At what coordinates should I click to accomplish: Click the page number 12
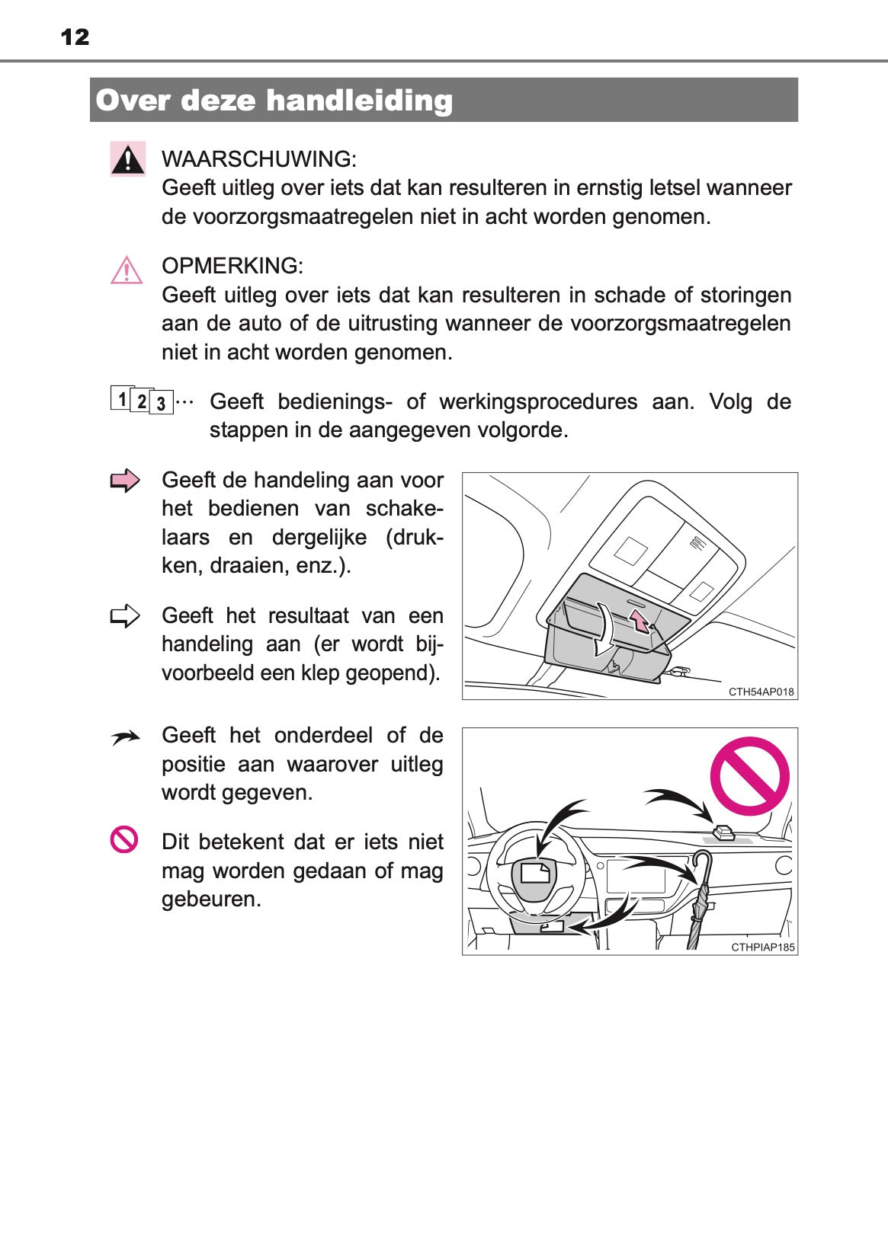pos(75,37)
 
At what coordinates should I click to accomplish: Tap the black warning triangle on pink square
pos(127,159)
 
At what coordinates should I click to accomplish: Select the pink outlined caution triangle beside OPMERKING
pos(127,270)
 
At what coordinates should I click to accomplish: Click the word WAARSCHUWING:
pos(258,159)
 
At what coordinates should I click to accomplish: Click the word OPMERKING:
pos(232,266)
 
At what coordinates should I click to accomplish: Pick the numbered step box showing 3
pos(161,404)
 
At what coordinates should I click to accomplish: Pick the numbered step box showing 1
pos(121,398)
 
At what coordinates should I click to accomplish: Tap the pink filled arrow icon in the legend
pos(125,481)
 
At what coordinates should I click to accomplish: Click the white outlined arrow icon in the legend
pos(125,615)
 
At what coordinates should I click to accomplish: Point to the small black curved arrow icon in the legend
pos(125,737)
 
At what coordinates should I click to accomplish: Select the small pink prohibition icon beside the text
pos(124,839)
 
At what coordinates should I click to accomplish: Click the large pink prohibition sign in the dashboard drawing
pos(749,775)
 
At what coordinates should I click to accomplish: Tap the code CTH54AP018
pos(761,692)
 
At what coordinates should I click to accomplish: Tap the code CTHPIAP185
pos(762,947)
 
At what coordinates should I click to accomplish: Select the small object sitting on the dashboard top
pos(722,832)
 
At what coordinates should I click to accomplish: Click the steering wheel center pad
pos(535,874)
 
